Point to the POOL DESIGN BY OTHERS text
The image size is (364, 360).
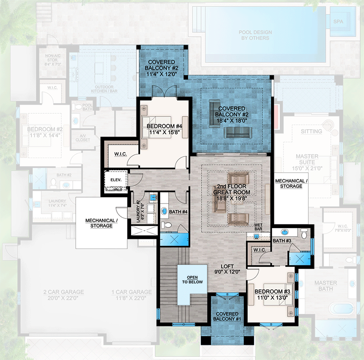[256, 35]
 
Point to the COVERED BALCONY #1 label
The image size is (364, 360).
[227, 316]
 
